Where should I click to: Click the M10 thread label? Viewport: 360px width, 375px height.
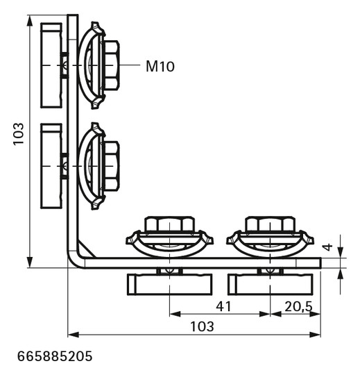point(160,67)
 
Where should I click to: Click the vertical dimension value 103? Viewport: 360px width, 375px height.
point(19,134)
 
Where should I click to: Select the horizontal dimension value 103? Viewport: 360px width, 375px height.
point(202,326)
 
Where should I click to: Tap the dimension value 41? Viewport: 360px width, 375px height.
point(223,306)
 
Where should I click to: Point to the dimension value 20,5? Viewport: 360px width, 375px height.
point(296,306)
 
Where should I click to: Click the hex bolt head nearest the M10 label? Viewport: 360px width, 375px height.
point(111,65)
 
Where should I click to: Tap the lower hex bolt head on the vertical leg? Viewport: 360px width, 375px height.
point(111,167)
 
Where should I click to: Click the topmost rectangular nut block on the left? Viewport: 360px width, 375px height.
point(51,66)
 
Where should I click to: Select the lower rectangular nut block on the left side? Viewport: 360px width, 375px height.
point(51,167)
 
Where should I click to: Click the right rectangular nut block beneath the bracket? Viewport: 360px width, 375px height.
point(271,284)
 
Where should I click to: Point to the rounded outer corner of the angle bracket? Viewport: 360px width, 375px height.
point(72,262)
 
